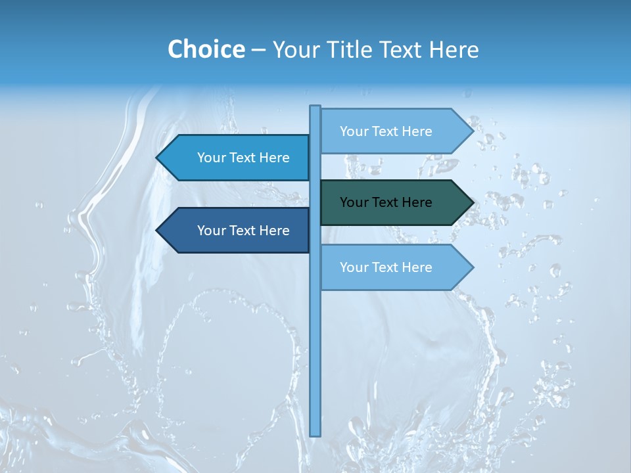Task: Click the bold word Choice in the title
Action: pyautogui.click(x=206, y=49)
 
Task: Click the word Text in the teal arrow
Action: pyautogui.click(x=386, y=202)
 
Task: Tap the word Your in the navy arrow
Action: pyautogui.click(x=211, y=231)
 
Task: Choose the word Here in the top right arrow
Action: pyautogui.click(x=417, y=131)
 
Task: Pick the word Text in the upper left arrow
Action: pyautogui.click(x=244, y=158)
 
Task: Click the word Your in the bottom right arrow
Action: pyautogui.click(x=354, y=267)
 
